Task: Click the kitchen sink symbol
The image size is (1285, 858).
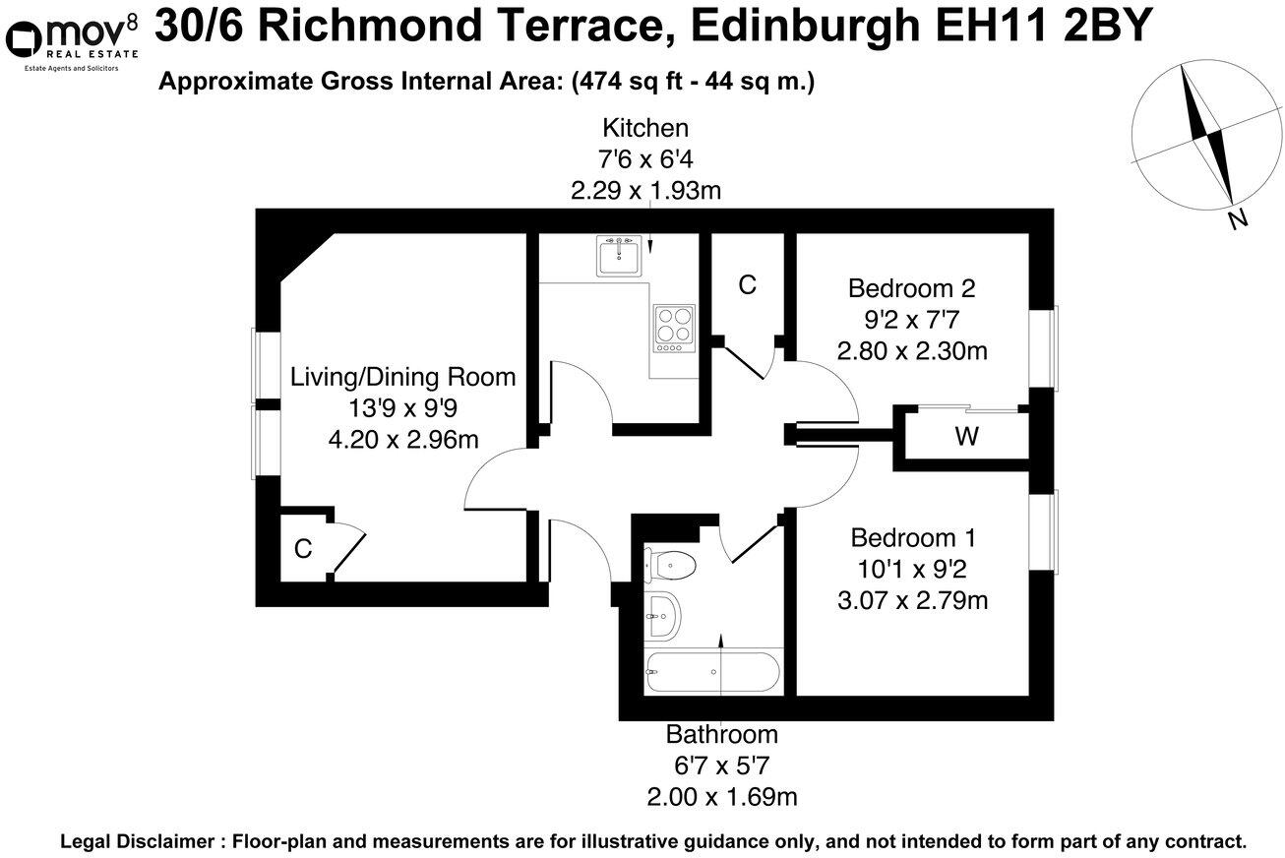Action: click(620, 255)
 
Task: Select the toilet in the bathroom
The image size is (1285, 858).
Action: click(672, 566)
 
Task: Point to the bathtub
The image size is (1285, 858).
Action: click(712, 672)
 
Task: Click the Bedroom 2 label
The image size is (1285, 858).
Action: click(911, 288)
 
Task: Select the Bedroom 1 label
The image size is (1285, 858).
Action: click(912, 538)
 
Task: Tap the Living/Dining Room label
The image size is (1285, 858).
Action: click(402, 377)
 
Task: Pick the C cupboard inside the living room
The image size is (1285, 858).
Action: click(303, 549)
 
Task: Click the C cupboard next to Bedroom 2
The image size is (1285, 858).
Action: click(748, 285)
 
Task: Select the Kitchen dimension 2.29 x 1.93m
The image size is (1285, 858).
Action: click(645, 191)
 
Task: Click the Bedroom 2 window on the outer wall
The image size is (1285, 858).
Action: click(1047, 347)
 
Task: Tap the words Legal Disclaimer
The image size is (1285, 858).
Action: click(136, 842)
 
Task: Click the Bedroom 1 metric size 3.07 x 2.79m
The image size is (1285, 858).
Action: click(912, 599)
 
